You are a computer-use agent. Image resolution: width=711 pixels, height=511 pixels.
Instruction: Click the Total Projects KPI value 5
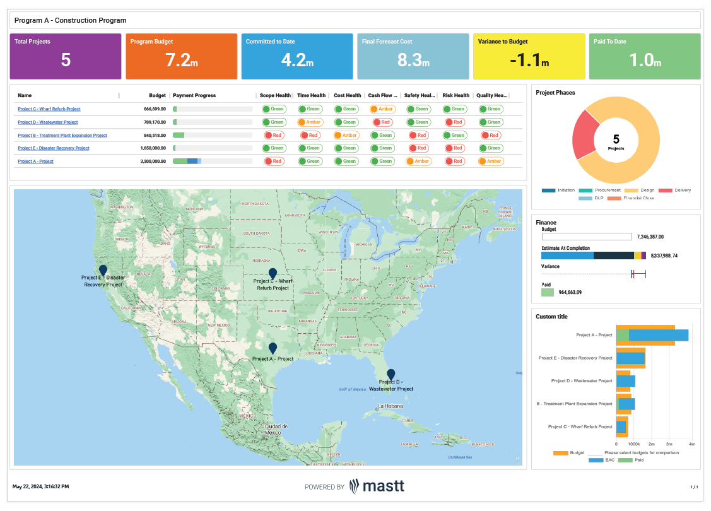tap(66, 61)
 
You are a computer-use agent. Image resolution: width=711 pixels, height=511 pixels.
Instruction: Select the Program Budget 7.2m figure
tap(181, 61)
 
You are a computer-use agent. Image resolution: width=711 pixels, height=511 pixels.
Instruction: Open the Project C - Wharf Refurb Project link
tap(49, 109)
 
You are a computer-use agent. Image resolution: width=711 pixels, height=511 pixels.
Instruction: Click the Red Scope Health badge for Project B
tap(273, 135)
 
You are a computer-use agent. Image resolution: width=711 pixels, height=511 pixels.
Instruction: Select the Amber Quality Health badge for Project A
tap(490, 162)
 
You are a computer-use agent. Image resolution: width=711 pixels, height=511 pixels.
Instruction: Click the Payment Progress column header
tap(194, 96)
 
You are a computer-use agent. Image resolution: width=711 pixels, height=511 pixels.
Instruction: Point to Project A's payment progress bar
tap(187, 162)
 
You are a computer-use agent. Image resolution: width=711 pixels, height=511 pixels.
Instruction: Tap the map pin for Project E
tap(103, 270)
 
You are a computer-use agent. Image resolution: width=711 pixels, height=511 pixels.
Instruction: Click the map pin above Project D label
tap(391, 374)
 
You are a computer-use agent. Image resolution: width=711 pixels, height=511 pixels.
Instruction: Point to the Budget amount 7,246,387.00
tap(650, 237)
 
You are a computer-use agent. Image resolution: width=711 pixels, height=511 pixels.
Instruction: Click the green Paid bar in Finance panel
tap(547, 292)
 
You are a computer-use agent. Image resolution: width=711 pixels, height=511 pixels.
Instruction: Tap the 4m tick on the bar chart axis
tap(691, 444)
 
